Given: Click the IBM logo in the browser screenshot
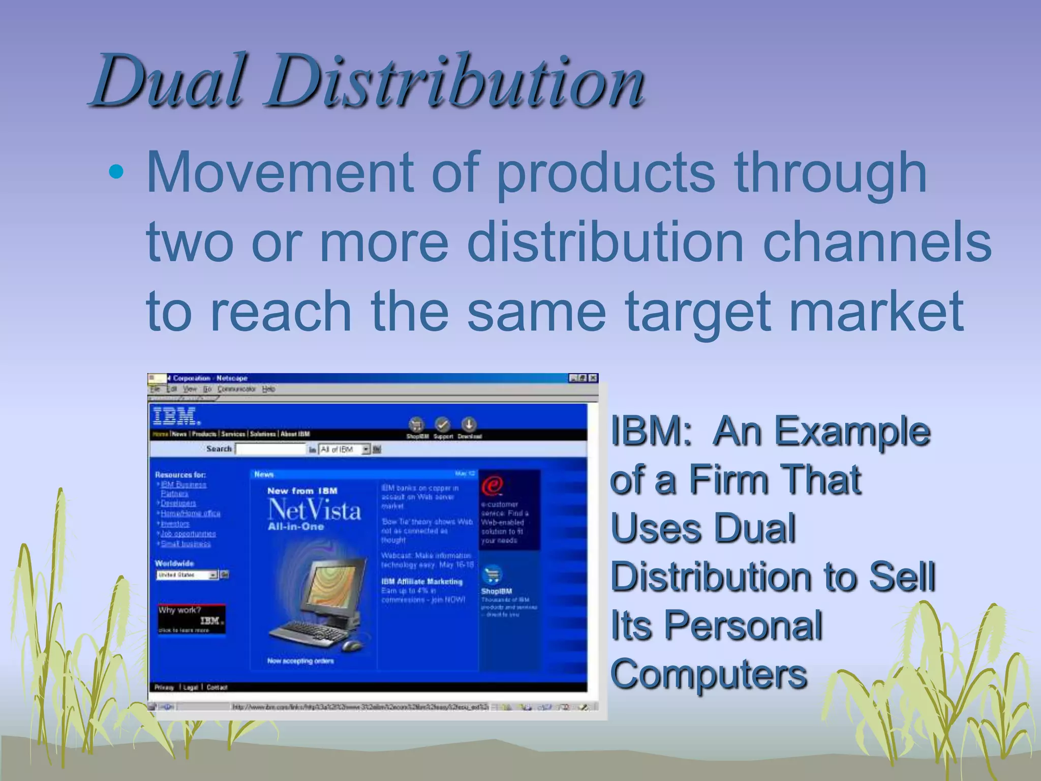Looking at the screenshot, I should (176, 416).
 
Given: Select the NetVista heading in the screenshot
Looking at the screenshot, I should (314, 510).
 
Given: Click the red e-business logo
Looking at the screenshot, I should (492, 486).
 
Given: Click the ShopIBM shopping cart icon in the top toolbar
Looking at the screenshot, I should (417, 425).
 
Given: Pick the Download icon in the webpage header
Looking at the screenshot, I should (469, 424).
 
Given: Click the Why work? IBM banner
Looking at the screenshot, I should (192, 619).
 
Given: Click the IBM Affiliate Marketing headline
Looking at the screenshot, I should (422, 582).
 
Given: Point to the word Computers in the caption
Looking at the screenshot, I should (709, 675).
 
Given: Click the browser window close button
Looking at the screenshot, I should (593, 378).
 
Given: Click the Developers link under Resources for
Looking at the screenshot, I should (178, 503).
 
